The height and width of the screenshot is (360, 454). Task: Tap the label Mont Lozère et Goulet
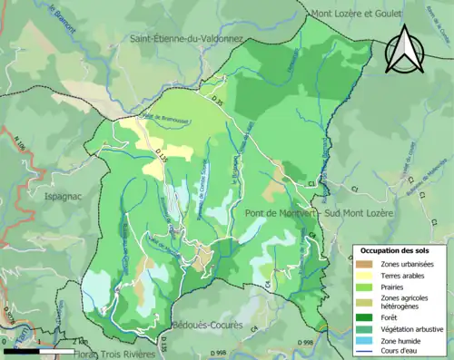368,13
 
